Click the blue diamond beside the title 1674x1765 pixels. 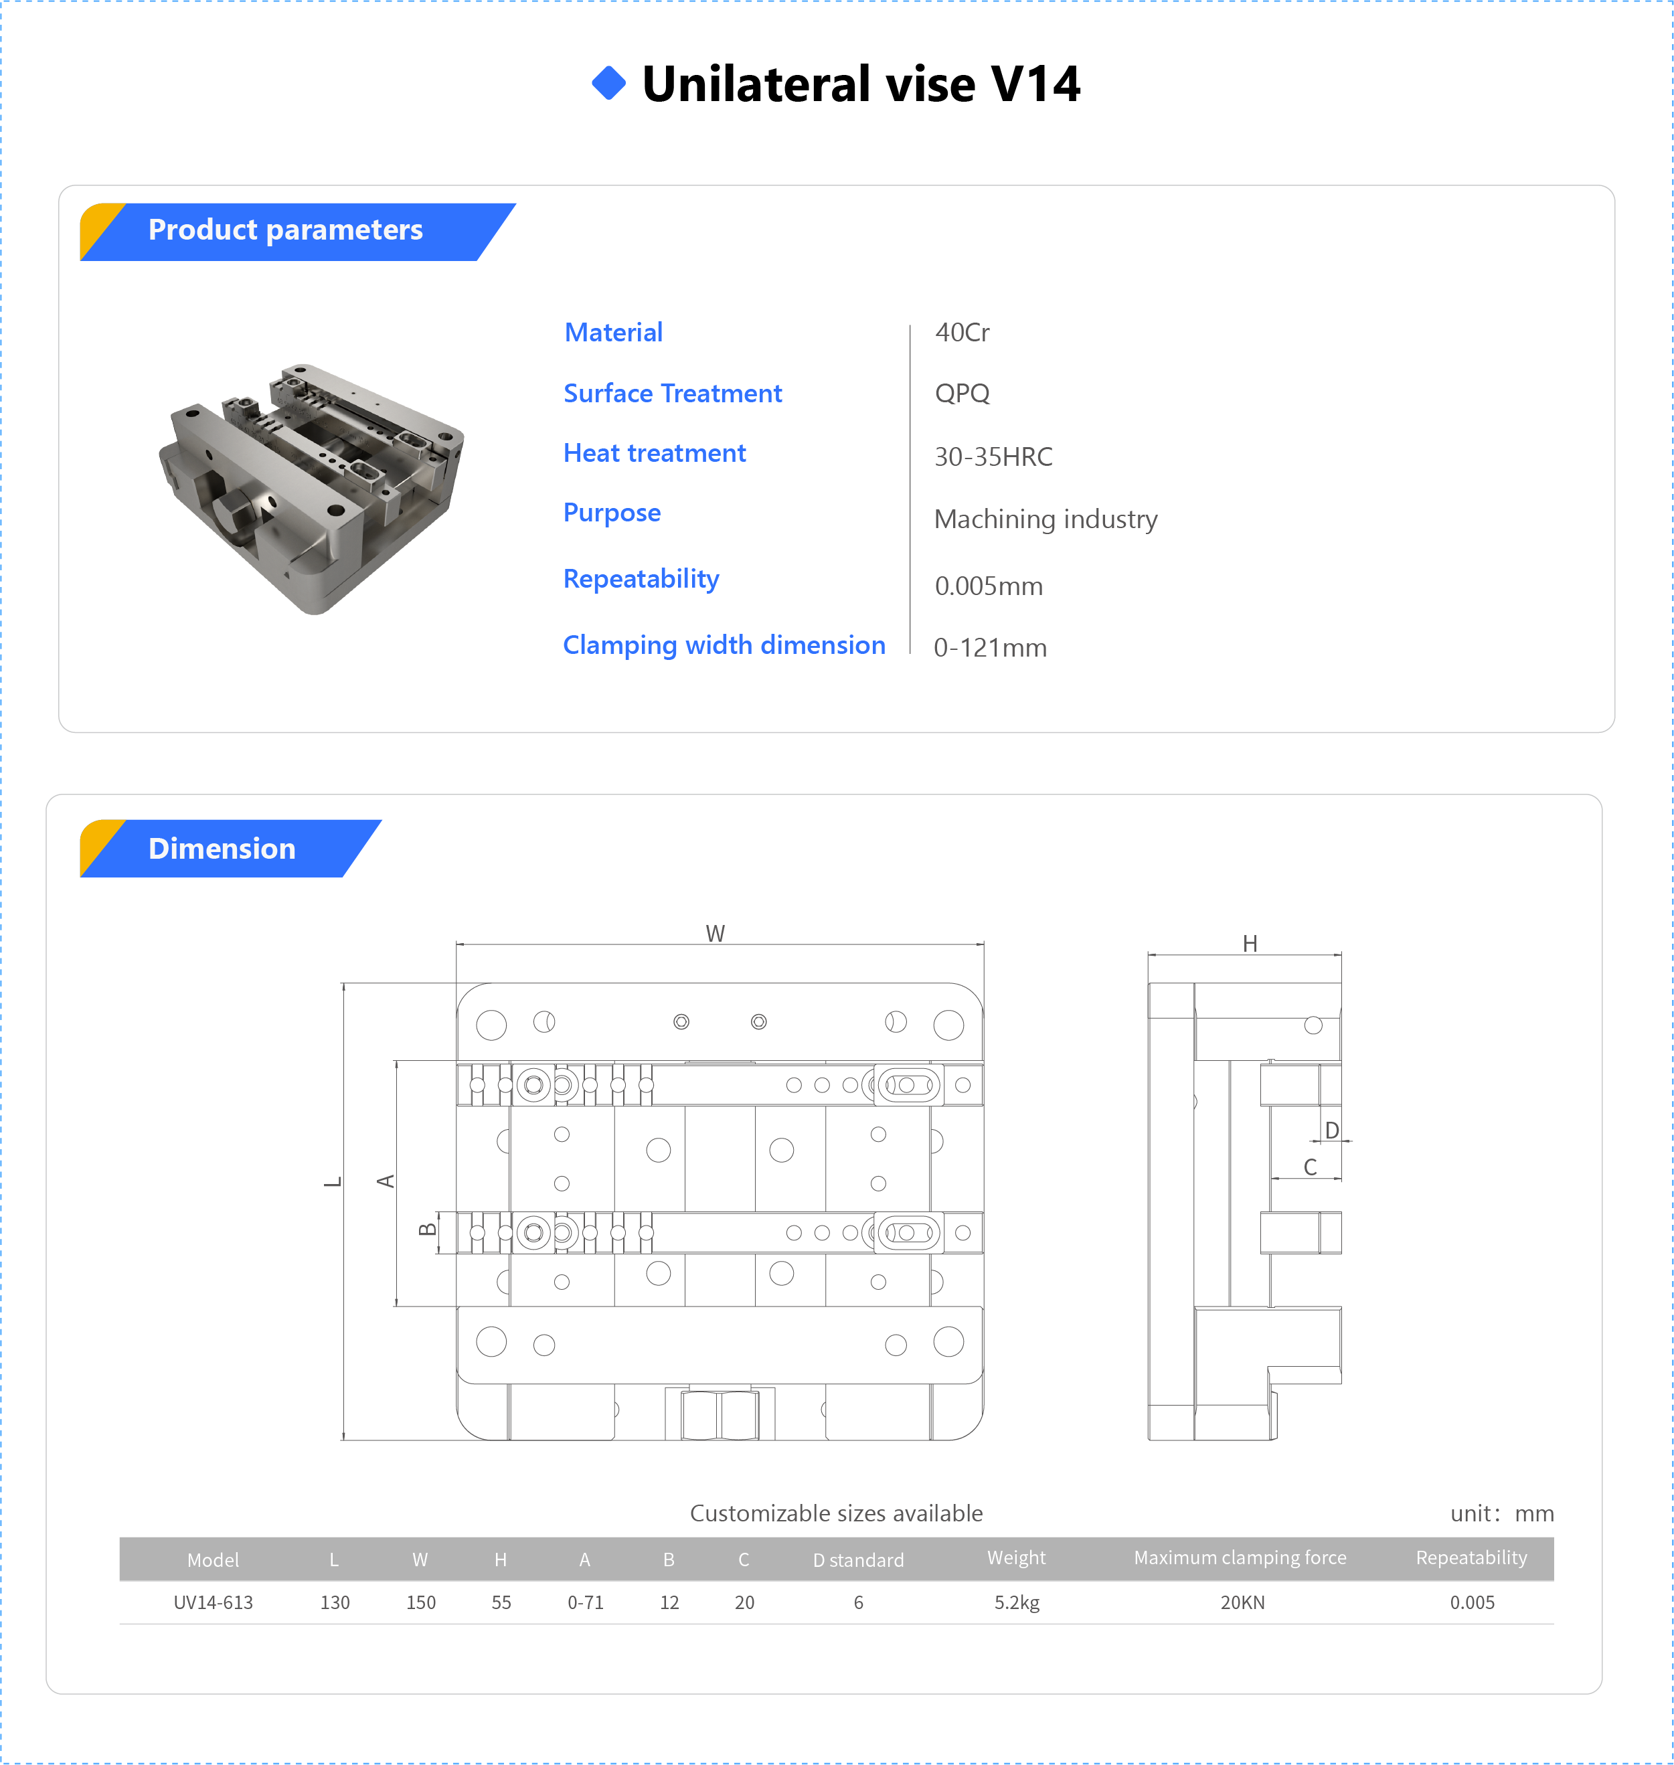608,83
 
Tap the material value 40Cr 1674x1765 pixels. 962,333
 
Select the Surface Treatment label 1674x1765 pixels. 672,394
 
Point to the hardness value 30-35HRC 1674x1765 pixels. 993,457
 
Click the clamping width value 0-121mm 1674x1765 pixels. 989,648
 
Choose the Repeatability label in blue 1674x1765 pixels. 641,579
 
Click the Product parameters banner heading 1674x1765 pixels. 286,230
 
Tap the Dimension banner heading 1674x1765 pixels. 222,849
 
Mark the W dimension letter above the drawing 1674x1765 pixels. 715,933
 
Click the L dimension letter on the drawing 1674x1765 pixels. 333,1182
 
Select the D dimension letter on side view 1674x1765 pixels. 1331,1130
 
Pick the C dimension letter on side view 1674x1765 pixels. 1310,1167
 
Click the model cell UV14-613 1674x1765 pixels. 214,1602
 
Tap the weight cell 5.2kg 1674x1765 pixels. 1016,1602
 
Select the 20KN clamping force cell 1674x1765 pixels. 1242,1602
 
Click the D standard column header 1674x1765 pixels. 857,1560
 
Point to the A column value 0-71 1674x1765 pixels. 586,1602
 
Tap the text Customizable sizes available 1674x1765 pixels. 836,1513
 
